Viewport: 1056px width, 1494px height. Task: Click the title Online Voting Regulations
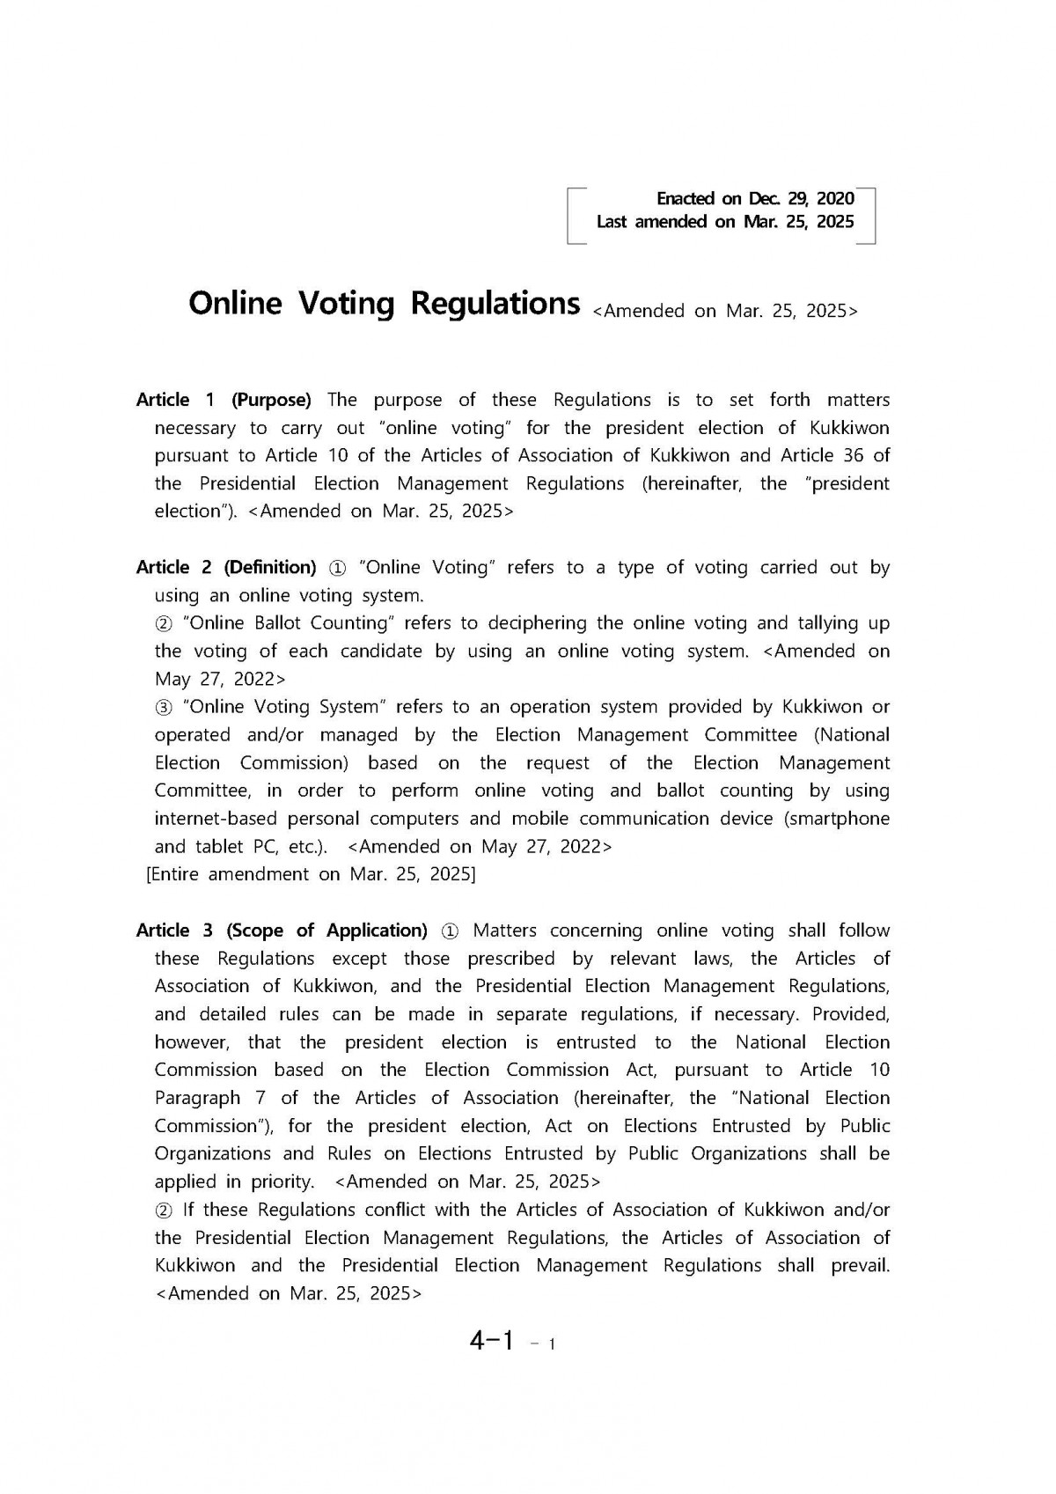(x=384, y=304)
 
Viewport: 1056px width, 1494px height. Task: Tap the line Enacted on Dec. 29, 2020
(x=755, y=198)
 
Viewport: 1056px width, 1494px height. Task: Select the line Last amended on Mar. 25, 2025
(x=724, y=222)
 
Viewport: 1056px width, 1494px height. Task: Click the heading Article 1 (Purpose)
(x=224, y=401)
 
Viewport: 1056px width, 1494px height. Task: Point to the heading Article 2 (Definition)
(x=226, y=568)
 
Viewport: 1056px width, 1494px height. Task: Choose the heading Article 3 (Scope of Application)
(x=282, y=931)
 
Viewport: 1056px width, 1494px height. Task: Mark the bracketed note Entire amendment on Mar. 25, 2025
(x=311, y=874)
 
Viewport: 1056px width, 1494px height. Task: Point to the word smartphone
(x=842, y=819)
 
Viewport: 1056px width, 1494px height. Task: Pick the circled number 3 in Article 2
(x=164, y=707)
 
